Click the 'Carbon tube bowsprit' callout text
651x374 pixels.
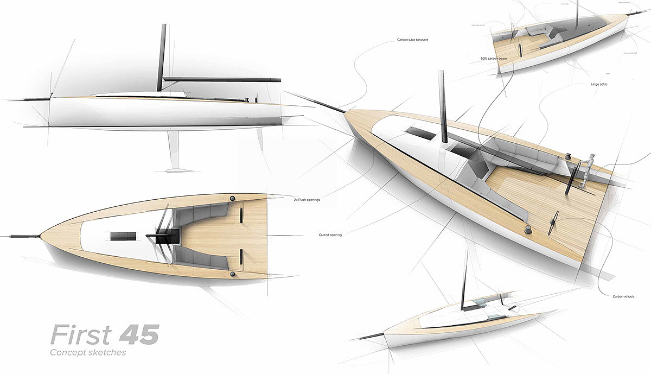tap(417, 40)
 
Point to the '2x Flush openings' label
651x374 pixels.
tap(307, 200)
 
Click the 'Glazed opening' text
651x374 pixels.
tap(330, 235)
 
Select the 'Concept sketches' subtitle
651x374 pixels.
tap(88, 353)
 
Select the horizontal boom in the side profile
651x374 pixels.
tap(222, 79)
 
